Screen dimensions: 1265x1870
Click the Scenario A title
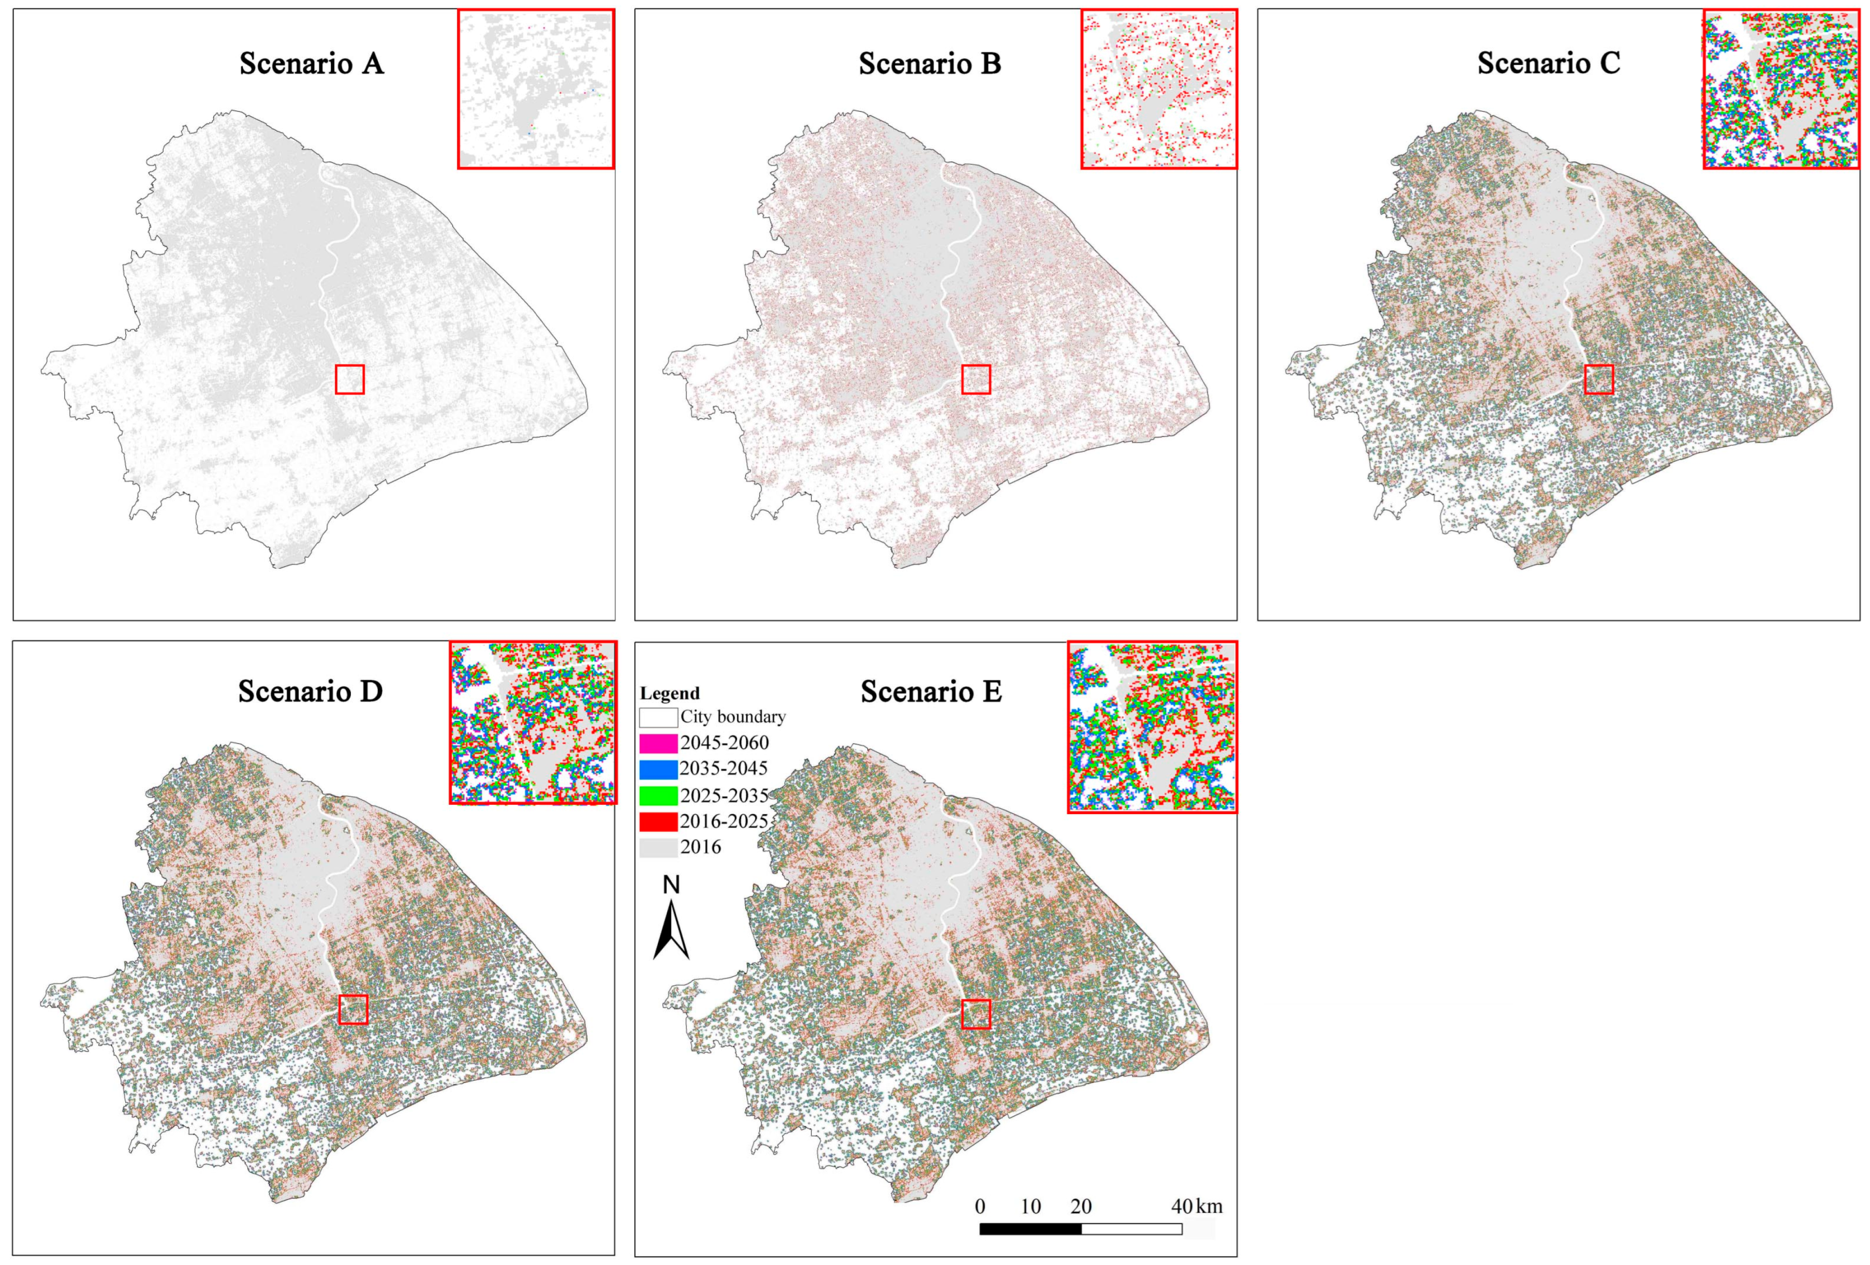tap(312, 64)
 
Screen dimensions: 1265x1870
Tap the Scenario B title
tap(930, 64)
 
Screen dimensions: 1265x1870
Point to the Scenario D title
tap(310, 691)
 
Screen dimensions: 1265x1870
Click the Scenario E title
tap(931, 691)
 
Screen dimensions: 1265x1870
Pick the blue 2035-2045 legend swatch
tap(658, 769)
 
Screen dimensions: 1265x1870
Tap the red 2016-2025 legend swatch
tap(658, 821)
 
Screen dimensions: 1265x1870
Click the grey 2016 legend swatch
tap(658, 847)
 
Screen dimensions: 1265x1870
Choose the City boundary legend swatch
tap(658, 717)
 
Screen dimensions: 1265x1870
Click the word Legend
tap(669, 694)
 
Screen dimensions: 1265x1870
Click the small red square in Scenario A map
tap(349, 379)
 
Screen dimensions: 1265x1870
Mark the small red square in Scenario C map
tap(1599, 379)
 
